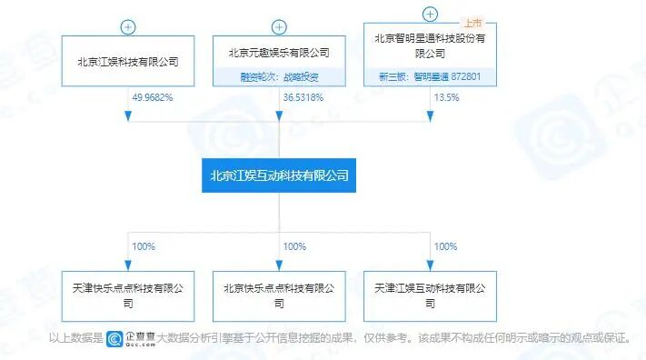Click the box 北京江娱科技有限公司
click(x=128, y=62)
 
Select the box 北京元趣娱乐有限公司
click(x=279, y=53)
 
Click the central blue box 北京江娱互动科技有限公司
click(x=279, y=175)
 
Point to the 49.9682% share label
click(x=153, y=96)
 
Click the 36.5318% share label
click(x=303, y=96)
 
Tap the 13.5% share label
click(x=445, y=96)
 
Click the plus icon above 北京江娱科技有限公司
click(x=128, y=26)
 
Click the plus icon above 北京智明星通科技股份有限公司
click(x=430, y=14)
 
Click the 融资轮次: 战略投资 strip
click(x=279, y=77)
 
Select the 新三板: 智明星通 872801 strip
click(x=430, y=77)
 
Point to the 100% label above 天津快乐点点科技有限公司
click(x=144, y=246)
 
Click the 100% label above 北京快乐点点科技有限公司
click(x=294, y=246)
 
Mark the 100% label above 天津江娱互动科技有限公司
click(x=445, y=246)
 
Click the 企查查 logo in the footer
click(x=131, y=339)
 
